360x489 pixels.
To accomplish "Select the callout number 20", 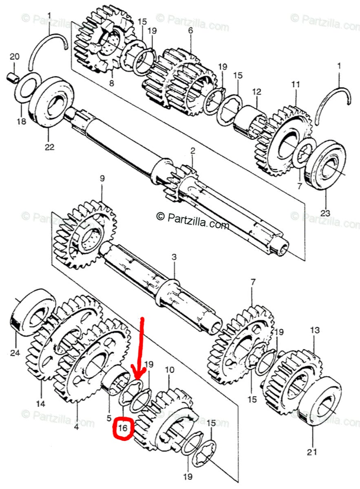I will click(x=14, y=56).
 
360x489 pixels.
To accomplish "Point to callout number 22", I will click(x=49, y=148).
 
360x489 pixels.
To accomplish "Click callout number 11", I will click(x=295, y=85).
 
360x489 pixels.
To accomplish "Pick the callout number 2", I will click(x=192, y=151).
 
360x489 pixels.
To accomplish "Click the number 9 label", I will click(x=102, y=178).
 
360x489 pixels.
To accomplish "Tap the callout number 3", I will click(x=174, y=257).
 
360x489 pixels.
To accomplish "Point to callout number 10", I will click(x=169, y=370).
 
